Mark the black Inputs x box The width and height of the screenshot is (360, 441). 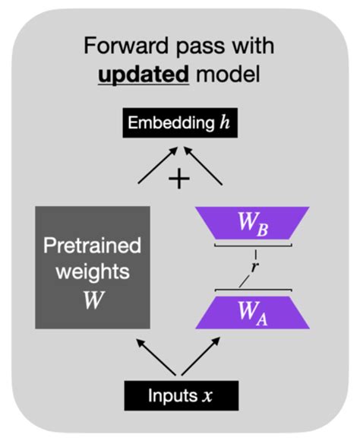(x=180, y=396)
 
